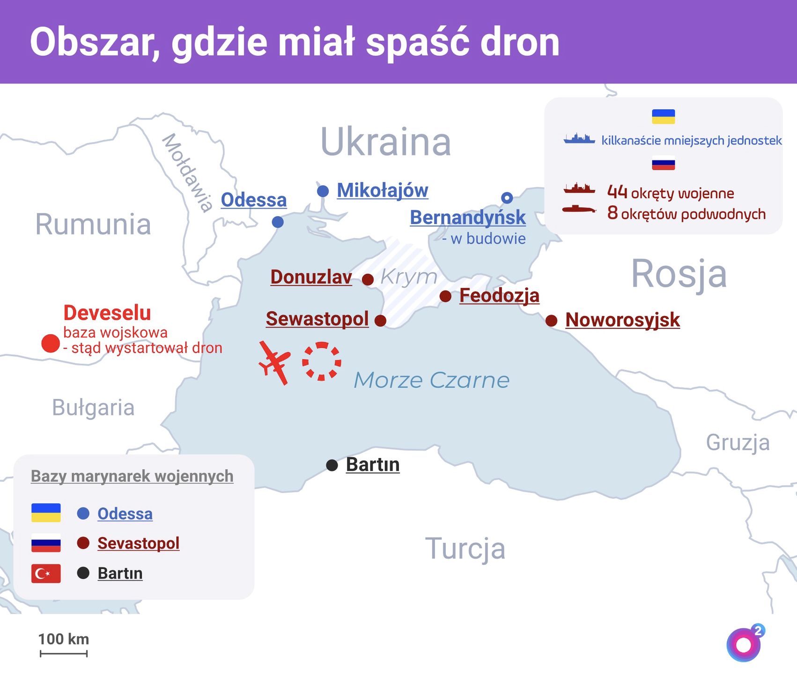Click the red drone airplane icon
275,362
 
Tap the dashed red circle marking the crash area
322,361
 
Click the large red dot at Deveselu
51,344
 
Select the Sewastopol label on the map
317,319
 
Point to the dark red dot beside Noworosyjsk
552,321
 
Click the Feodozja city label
499,296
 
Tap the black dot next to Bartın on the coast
332,465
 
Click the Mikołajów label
382,191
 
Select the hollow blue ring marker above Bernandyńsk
507,198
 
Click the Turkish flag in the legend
46,573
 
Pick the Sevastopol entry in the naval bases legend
138,543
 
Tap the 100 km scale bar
64,653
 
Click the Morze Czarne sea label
431,380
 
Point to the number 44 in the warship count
617,192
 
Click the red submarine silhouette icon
579,209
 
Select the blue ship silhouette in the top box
579,139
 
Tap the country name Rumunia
93,225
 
